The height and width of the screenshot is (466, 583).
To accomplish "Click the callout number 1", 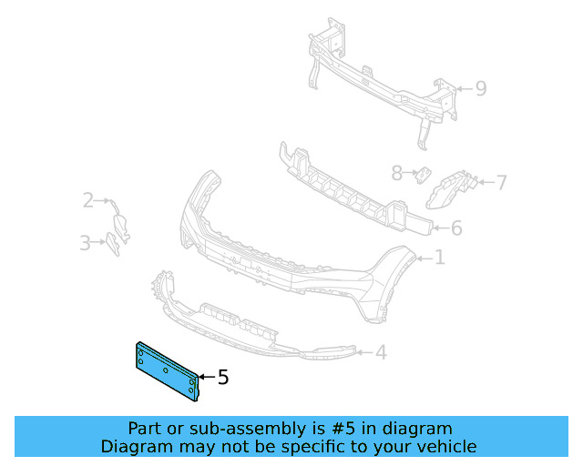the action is click(439, 258).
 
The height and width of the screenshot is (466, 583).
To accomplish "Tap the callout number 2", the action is click(88, 200).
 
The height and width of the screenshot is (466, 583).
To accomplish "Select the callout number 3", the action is click(84, 243).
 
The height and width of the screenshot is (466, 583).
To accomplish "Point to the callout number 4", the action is click(381, 352).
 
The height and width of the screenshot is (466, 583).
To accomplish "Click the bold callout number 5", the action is click(223, 377).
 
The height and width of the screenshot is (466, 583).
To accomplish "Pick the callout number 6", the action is click(456, 228).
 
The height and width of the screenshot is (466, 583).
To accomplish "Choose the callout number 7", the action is click(501, 183).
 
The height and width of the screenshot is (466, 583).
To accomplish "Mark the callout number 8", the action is click(396, 173).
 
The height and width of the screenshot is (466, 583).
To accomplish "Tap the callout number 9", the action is click(481, 88).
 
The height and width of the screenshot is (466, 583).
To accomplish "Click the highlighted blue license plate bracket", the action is click(166, 369).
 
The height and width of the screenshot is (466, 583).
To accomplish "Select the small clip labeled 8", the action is click(423, 174).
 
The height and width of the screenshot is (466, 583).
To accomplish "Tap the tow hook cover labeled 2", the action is click(120, 222).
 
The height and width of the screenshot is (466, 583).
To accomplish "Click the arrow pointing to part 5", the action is click(205, 376).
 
